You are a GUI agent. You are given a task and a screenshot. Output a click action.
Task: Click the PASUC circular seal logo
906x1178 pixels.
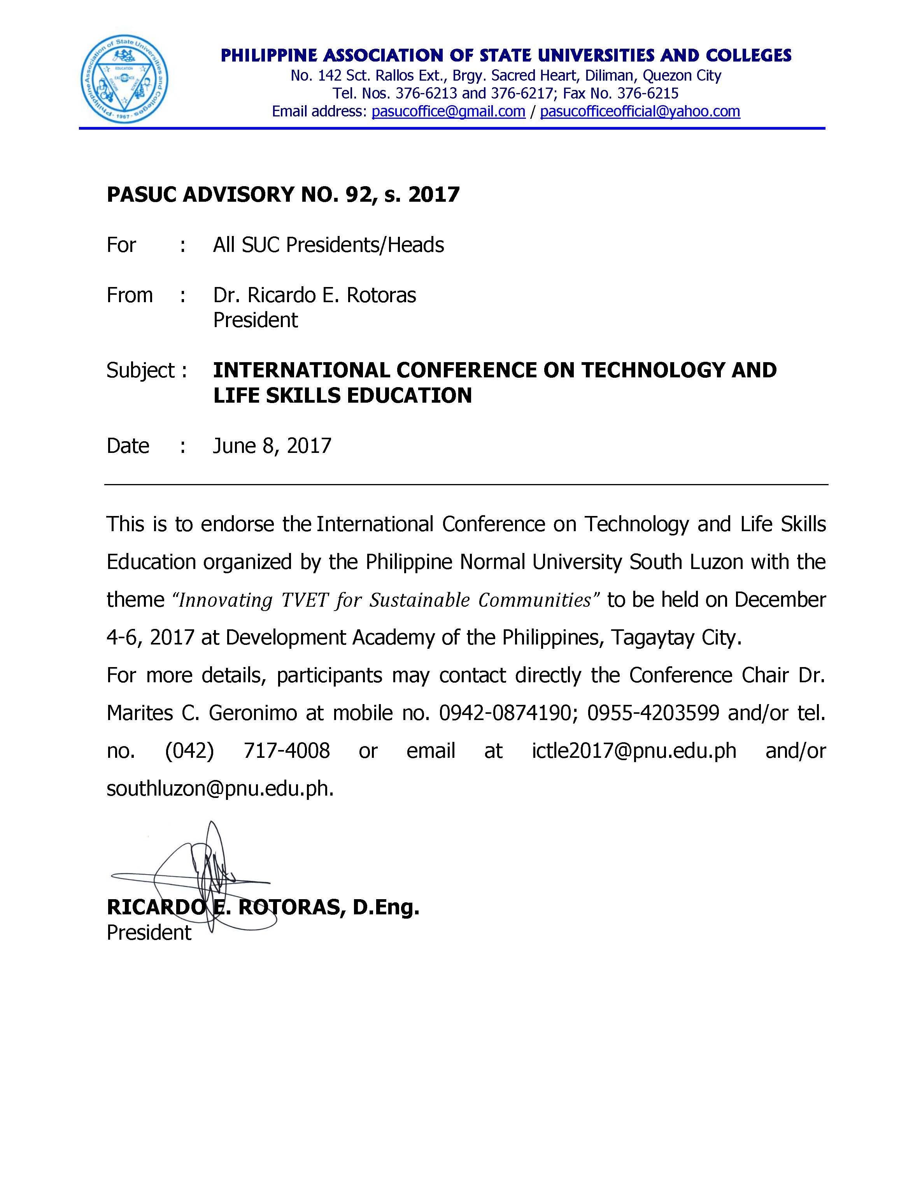(x=124, y=79)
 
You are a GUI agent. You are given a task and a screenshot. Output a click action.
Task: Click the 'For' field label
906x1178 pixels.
(x=121, y=245)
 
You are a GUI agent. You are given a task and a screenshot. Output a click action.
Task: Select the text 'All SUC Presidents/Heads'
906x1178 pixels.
(x=328, y=245)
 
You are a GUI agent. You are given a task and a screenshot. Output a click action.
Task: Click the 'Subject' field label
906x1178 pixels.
(x=140, y=370)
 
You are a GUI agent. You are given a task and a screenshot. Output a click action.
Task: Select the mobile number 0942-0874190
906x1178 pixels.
(x=505, y=713)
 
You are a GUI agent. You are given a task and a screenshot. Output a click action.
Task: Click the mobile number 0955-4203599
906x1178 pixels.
(x=653, y=713)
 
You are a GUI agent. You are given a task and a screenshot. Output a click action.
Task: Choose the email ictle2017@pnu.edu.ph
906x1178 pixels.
(x=634, y=751)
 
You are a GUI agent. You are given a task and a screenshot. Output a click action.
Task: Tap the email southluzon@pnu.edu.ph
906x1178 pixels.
(x=219, y=789)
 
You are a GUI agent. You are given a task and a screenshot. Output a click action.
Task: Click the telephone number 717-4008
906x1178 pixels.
(x=286, y=751)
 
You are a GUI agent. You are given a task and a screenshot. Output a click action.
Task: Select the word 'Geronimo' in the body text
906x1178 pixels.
(x=253, y=713)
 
